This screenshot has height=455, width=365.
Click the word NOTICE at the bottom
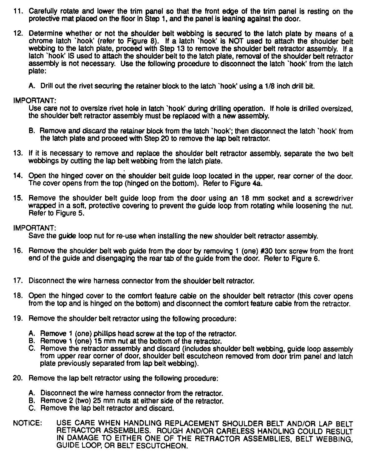tap(27, 424)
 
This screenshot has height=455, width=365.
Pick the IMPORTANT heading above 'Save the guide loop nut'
tap(34, 228)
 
